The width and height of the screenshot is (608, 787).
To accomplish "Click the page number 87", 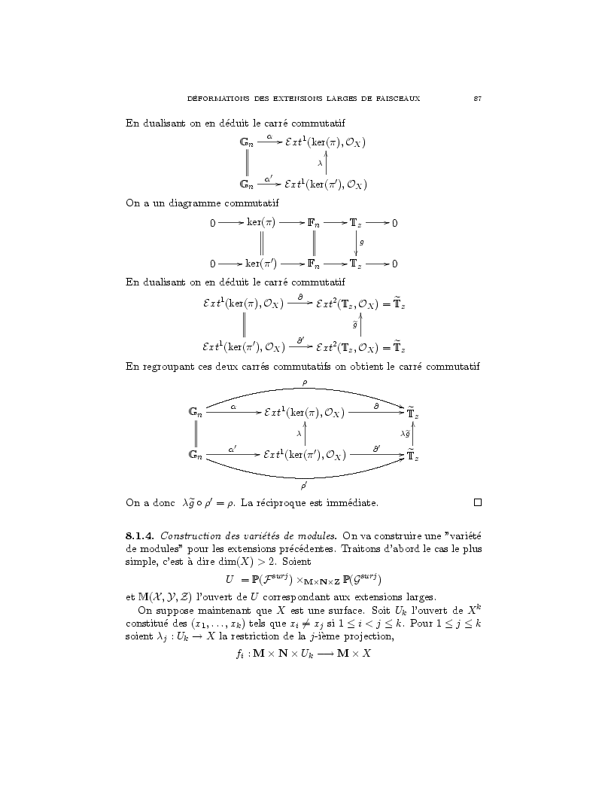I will coord(477,99).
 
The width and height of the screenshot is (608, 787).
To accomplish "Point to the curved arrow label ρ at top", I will coord(304,383).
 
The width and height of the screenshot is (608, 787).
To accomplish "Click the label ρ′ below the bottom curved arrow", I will coord(303,487).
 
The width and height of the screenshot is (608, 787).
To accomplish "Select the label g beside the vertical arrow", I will coord(362,243).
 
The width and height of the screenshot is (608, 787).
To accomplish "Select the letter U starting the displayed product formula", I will coord(230,579).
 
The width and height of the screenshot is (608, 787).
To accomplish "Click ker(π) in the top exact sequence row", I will coord(261,223).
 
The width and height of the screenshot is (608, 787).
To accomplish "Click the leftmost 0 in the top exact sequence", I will coord(212,224).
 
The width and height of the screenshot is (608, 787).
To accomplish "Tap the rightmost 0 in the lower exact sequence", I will coord(395,264).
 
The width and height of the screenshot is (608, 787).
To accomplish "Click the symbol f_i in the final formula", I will coord(240,654).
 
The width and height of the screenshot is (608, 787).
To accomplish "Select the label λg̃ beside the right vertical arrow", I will coord(406,433).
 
